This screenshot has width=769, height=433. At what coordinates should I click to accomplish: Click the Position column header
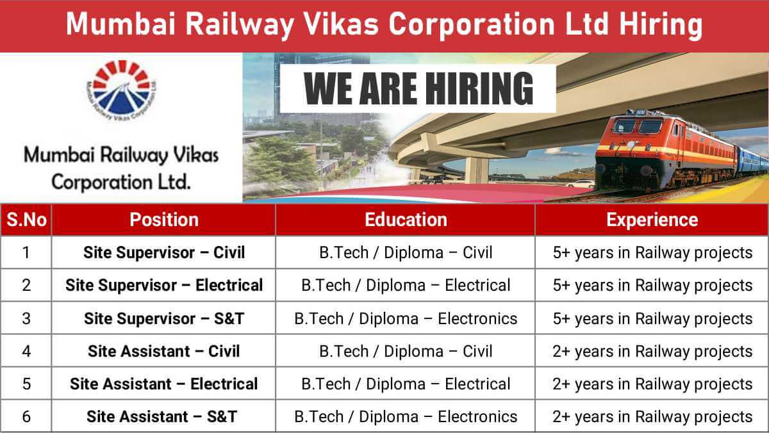(164, 220)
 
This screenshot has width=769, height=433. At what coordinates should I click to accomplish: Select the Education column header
(406, 220)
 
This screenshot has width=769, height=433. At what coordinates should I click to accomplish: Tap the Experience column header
(652, 220)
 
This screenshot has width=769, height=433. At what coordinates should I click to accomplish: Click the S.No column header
(26, 220)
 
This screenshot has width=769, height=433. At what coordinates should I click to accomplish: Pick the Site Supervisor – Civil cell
(164, 252)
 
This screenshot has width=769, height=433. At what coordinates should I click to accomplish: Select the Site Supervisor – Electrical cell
(164, 285)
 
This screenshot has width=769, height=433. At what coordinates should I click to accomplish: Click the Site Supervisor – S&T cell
(164, 318)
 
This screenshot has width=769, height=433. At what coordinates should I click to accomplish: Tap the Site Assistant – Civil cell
(164, 351)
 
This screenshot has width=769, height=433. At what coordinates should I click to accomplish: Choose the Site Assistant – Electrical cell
(164, 384)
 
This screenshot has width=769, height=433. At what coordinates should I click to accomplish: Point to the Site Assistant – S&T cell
(164, 416)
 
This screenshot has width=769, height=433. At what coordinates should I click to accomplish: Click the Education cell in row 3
(406, 318)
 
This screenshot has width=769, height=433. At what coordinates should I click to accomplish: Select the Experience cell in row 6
(652, 416)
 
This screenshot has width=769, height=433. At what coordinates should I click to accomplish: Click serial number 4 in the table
(26, 351)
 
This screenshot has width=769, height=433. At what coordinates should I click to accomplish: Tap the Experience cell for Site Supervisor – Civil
(652, 252)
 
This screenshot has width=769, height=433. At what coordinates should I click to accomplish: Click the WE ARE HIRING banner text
(418, 88)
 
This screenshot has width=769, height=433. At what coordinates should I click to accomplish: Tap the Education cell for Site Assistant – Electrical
(406, 384)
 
